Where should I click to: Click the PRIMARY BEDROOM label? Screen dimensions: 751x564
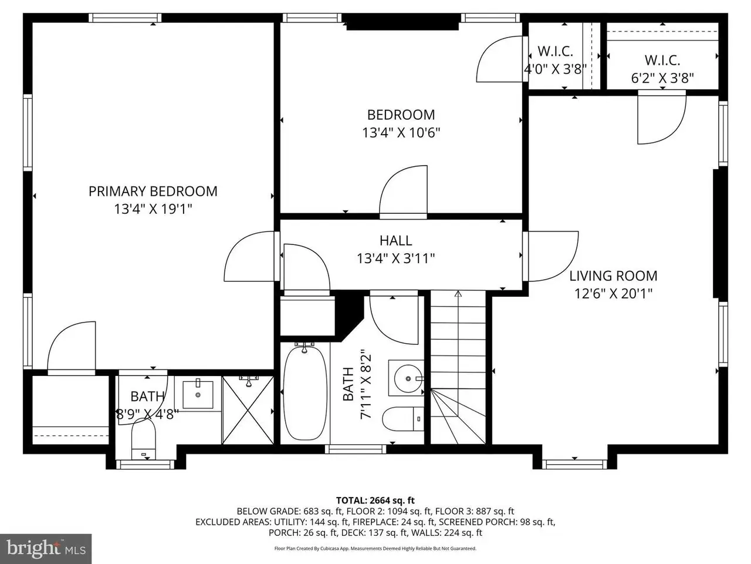(153, 191)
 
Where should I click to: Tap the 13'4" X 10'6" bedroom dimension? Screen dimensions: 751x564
(401, 132)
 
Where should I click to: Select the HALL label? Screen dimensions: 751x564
(395, 240)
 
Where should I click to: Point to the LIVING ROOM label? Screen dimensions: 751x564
(613, 276)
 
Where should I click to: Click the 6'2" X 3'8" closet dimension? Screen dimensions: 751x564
(662, 78)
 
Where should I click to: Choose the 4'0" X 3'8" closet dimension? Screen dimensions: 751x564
(555, 69)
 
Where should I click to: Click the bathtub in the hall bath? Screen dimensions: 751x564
(305, 393)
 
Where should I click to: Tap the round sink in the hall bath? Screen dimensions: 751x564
(408, 378)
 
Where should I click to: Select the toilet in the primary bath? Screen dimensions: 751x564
(143, 438)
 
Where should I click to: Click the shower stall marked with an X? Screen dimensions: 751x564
(248, 410)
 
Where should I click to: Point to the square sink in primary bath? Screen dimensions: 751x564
(198, 395)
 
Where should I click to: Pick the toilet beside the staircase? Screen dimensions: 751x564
(402, 419)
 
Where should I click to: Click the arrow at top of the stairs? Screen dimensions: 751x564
(458, 294)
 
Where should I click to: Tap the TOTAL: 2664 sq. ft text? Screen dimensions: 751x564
(375, 501)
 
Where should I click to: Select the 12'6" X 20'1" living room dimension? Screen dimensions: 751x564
(613, 294)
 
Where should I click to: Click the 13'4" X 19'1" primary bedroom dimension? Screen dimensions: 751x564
(153, 209)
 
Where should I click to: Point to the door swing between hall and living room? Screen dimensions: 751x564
(552, 256)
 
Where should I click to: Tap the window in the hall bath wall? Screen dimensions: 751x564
(356, 449)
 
